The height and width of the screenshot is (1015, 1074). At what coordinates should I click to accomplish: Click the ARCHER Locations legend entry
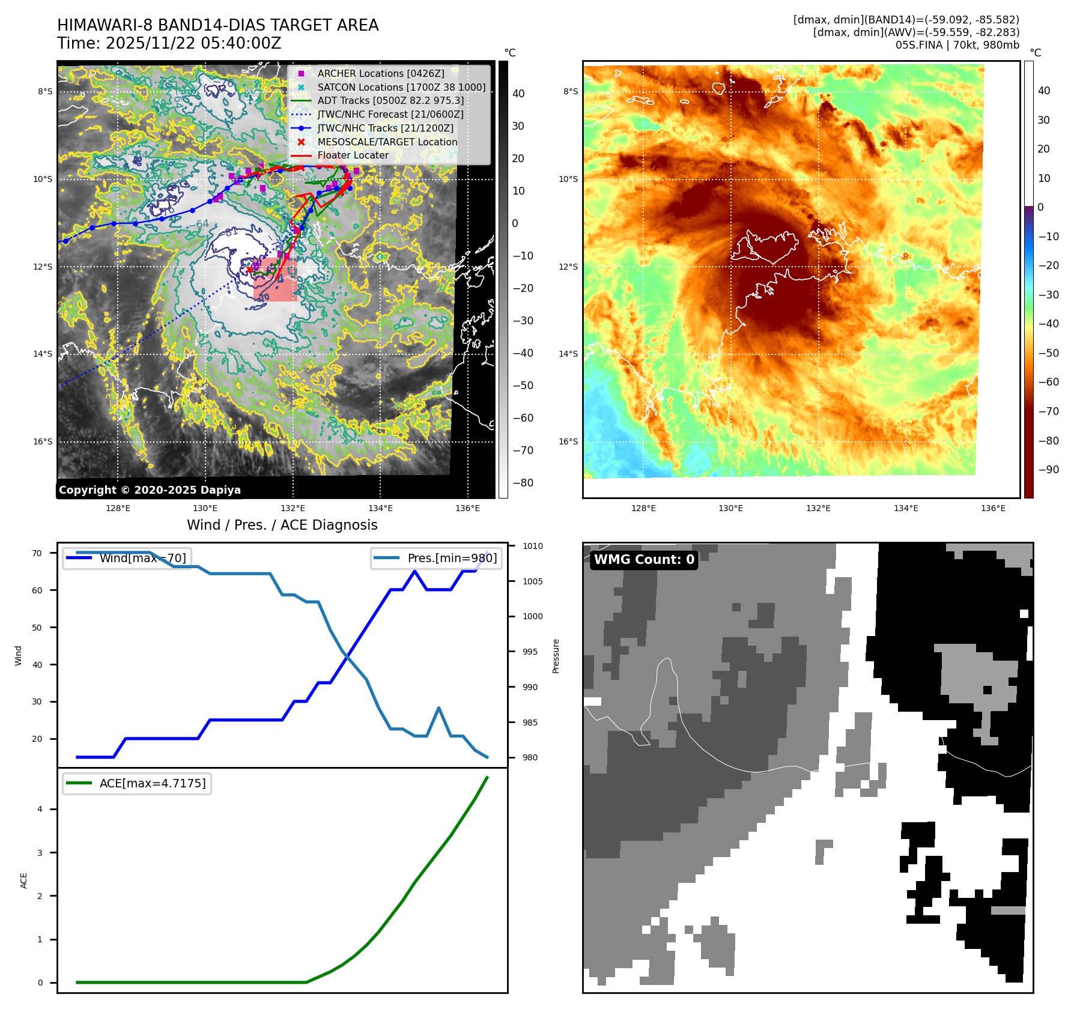pos(381,73)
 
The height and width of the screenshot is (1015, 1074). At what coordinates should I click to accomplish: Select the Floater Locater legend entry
pos(353,156)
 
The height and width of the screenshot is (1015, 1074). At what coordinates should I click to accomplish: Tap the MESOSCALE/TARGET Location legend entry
pos(387,142)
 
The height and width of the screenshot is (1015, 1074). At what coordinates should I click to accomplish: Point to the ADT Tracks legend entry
pos(390,100)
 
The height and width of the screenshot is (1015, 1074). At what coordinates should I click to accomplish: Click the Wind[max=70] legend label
pos(143,558)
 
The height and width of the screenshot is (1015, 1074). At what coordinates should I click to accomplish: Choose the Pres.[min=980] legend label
pos(452,558)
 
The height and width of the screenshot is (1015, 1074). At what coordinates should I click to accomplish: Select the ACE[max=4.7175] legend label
pos(153,783)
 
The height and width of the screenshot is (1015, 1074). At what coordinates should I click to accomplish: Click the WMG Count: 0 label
pos(644,560)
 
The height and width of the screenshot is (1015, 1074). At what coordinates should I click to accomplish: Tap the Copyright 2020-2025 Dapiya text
pos(150,490)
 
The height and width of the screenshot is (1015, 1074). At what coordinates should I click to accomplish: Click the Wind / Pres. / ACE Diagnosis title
pos(282,525)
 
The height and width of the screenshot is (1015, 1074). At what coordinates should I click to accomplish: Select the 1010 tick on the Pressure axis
pos(532,546)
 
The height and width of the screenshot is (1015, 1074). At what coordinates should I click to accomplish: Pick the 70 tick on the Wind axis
pos(37,553)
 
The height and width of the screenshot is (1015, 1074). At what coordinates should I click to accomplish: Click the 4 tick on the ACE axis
pos(40,809)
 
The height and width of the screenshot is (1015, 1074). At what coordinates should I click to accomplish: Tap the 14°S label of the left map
pos(43,354)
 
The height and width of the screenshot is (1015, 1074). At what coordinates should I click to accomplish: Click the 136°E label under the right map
pos(993,508)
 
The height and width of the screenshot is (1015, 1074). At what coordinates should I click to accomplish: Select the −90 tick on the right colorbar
pos(1049,470)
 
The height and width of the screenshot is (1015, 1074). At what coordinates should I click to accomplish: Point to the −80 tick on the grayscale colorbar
pos(523,483)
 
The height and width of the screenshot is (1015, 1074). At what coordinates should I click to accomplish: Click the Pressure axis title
pos(556,656)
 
